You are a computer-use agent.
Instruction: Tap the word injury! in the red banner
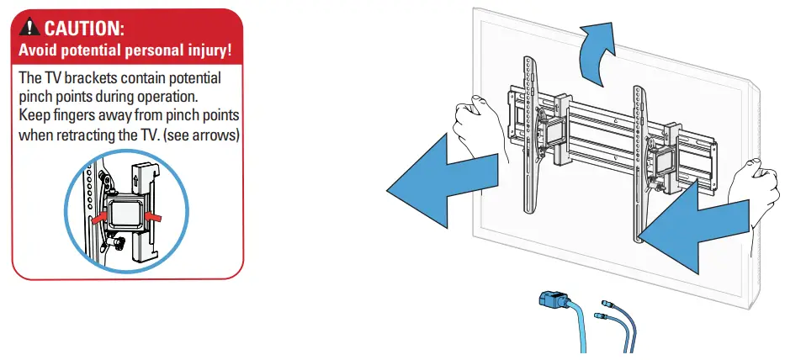pyautogui.click(x=204, y=50)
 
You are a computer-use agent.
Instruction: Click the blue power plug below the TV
pyautogui.click(x=550, y=302)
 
